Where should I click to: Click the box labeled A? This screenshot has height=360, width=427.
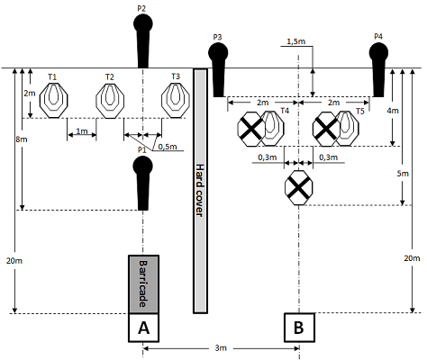click(x=143, y=328)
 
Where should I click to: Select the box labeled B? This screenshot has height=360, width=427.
click(x=299, y=328)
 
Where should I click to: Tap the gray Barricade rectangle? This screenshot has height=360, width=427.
click(x=143, y=284)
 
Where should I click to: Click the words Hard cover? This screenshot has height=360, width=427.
click(x=199, y=190)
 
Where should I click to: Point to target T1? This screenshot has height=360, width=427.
click(x=54, y=100)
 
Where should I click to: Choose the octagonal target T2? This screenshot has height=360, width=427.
click(x=110, y=100)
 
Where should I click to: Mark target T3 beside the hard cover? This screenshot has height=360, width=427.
click(x=176, y=100)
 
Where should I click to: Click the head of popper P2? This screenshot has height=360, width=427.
click(x=143, y=23)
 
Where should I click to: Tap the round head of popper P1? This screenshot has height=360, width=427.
click(x=143, y=166)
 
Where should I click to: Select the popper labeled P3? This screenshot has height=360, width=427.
click(x=218, y=70)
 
